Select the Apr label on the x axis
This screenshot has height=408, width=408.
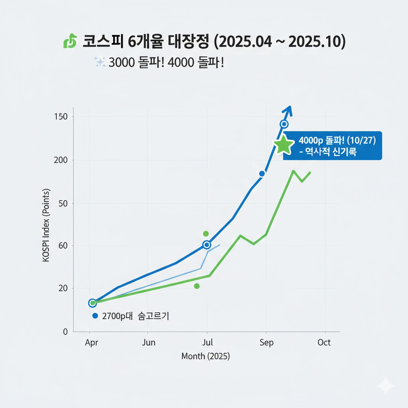[92, 343]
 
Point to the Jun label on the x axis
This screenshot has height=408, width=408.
[149, 343]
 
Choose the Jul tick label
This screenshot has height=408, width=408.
[208, 343]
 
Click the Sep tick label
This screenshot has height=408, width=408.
[267, 343]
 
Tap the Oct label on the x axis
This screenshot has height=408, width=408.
[324, 343]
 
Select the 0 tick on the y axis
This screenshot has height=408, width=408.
[65, 331]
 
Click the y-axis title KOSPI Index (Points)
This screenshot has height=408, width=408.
[46, 226]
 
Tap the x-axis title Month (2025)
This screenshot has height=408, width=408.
[206, 356]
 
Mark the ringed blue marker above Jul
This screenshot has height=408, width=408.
[206, 245]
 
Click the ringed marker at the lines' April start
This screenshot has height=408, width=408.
[92, 303]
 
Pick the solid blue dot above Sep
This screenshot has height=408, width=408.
[262, 174]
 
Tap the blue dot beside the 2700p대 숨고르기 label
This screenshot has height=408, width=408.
[95, 316]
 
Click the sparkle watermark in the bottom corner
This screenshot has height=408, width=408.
[385, 386]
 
